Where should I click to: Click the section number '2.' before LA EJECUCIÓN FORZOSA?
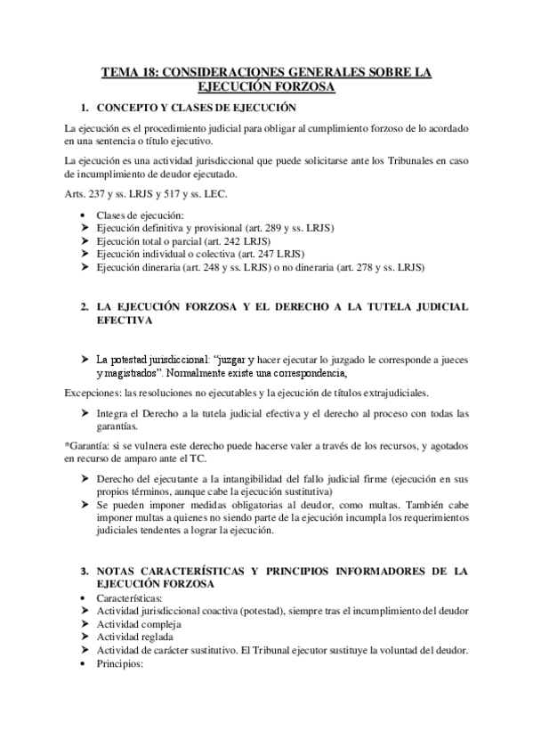84,305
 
